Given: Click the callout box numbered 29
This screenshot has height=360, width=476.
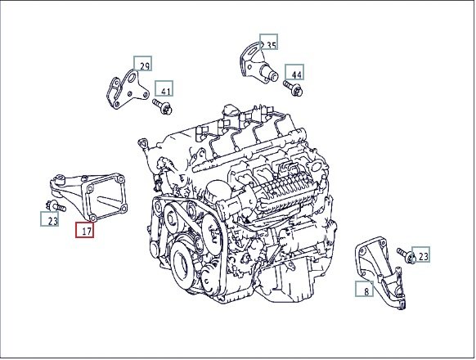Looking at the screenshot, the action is coord(142,64).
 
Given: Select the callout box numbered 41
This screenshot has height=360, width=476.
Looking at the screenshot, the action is coord(164,88).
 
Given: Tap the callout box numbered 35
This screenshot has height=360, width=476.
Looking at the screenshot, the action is coord(268,42).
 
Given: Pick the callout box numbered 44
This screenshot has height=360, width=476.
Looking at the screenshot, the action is coord(294,72).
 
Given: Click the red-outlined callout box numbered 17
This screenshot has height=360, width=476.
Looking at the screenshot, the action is coord(85,229).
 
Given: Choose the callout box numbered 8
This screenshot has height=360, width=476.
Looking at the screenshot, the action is coord(365,289).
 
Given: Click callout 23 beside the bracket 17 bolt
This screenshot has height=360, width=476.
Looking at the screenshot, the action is coord(50,218).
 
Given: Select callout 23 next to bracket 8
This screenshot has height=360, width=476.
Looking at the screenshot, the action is coord(420,254).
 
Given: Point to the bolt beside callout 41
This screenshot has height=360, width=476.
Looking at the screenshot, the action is coord(163,106).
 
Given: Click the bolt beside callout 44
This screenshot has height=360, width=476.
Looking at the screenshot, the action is coord(293,88).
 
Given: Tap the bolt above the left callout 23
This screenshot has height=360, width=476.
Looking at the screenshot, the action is coord(56,206).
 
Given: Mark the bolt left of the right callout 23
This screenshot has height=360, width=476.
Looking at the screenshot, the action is coord(406,255).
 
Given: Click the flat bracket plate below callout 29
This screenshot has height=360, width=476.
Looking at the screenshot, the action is coord(128,89).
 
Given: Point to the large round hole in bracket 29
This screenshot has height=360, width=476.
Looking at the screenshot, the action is coord(132,78).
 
